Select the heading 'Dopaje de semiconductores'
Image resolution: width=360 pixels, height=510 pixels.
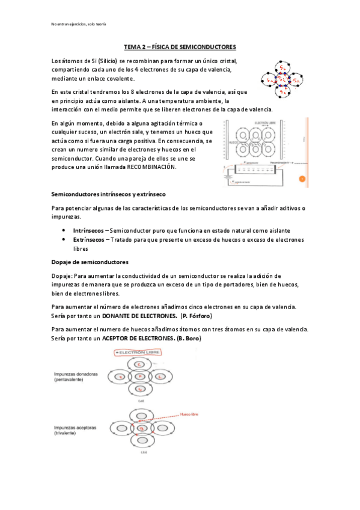90,262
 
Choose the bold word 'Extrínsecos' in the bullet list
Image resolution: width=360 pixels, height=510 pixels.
88,239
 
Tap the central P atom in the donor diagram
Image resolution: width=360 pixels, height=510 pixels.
139,376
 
